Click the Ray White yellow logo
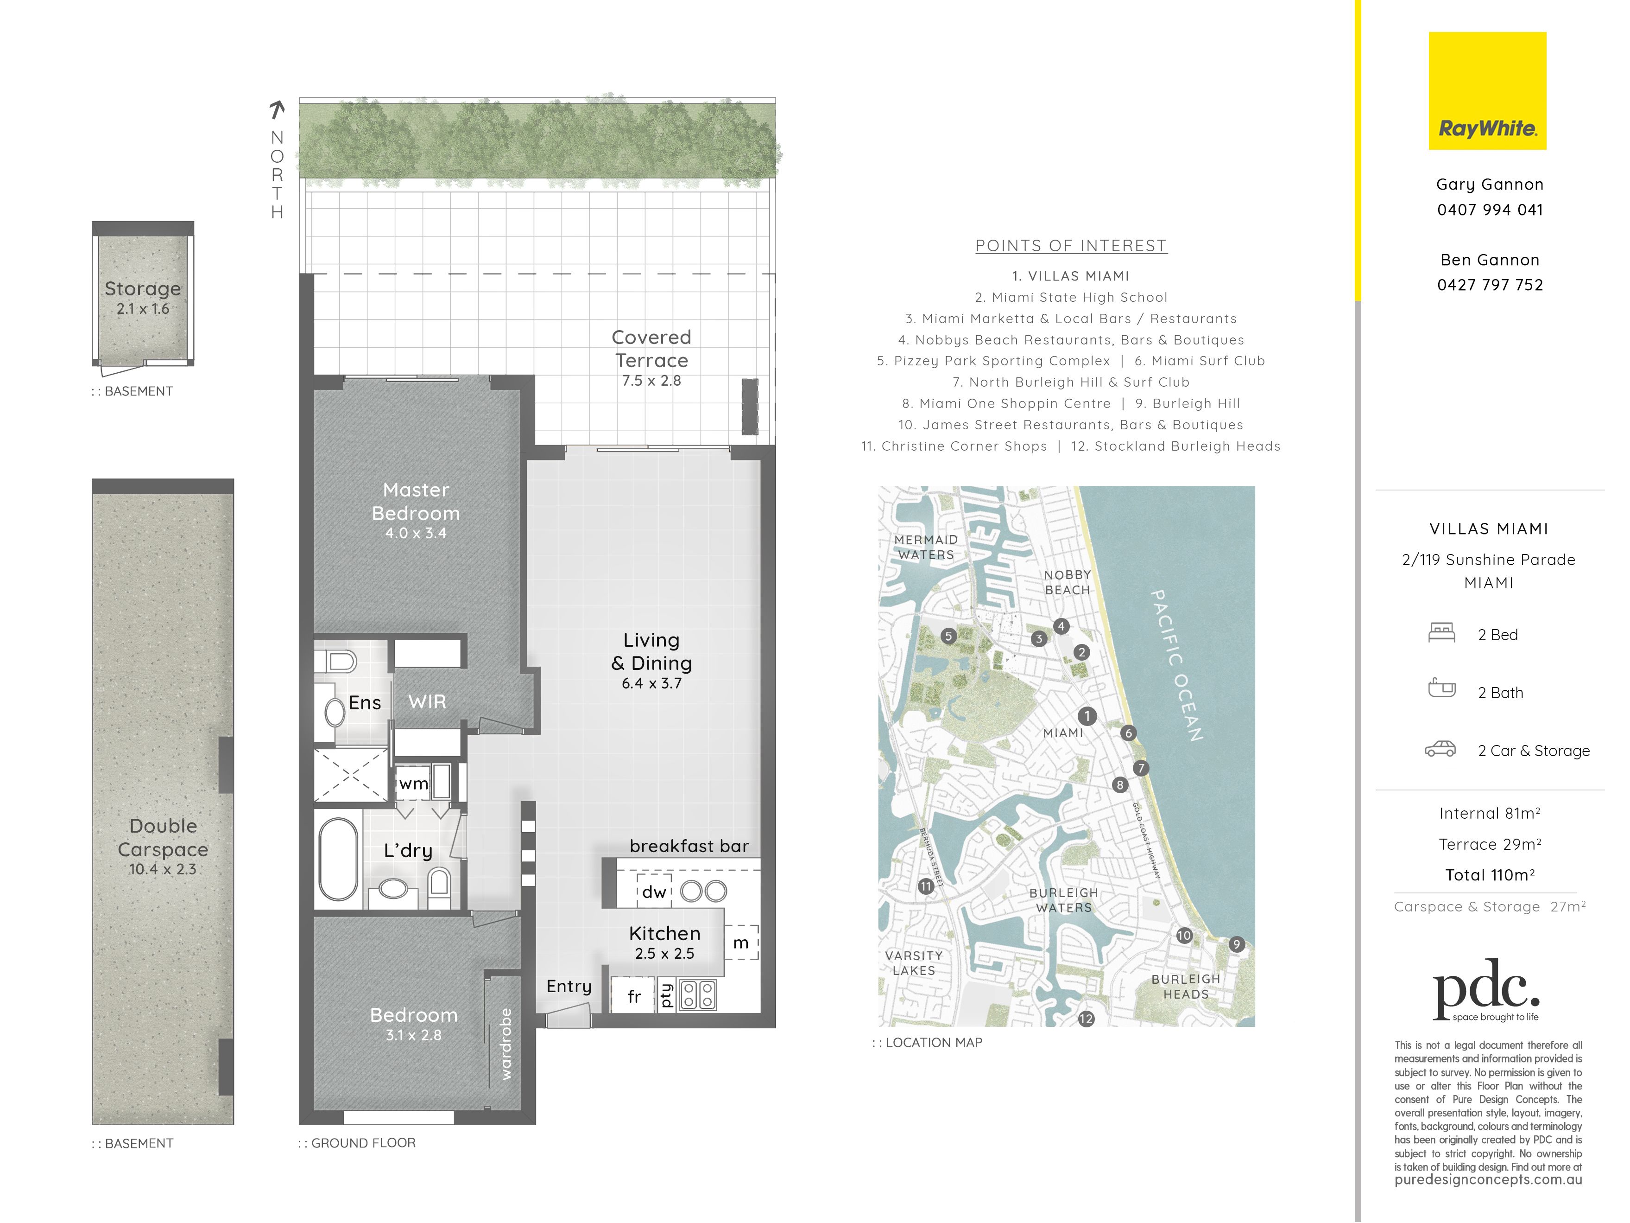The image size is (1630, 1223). (1487, 91)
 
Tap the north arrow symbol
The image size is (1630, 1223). (277, 110)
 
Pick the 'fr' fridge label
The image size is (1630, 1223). (634, 997)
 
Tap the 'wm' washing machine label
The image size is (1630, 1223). (413, 783)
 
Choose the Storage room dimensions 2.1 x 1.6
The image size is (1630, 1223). (143, 309)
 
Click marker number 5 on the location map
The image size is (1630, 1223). (948, 636)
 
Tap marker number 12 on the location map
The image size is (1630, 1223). (1086, 1019)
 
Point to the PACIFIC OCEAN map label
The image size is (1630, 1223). (1177, 665)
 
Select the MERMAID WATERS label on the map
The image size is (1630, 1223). (926, 547)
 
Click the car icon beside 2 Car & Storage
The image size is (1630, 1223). (1440, 750)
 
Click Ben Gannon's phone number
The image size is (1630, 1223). (1490, 285)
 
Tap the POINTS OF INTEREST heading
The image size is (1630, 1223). (1071, 246)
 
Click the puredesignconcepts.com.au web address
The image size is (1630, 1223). (1489, 1180)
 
